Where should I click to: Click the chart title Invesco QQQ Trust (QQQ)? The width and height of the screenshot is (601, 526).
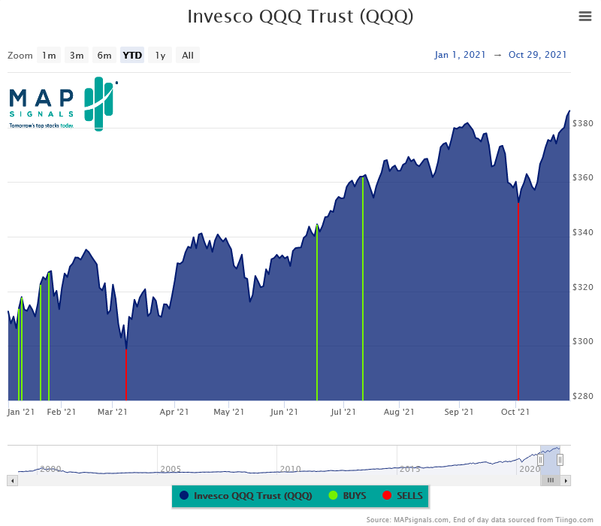[x=300, y=17]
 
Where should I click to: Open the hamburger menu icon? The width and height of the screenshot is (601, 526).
[x=585, y=17]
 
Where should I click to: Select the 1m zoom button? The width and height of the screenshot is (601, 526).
[x=49, y=55]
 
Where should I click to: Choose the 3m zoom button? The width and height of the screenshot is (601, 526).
[x=77, y=55]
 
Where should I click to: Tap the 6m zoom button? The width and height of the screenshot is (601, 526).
[x=104, y=55]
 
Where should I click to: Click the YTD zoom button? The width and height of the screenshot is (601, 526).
[x=132, y=55]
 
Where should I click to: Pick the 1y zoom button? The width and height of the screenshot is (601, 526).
[x=160, y=55]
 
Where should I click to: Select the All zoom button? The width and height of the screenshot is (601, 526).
[x=188, y=55]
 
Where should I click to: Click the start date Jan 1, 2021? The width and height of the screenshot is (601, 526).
[x=459, y=55]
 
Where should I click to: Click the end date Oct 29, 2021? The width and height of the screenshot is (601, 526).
[x=538, y=55]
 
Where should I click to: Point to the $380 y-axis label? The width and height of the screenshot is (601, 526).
[x=583, y=123]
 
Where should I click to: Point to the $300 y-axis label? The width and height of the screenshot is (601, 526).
[x=583, y=342]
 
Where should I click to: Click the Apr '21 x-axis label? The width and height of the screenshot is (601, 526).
[x=174, y=412]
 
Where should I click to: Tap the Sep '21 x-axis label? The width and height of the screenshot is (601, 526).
[x=458, y=412]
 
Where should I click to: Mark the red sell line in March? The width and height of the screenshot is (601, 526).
[x=126, y=376]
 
